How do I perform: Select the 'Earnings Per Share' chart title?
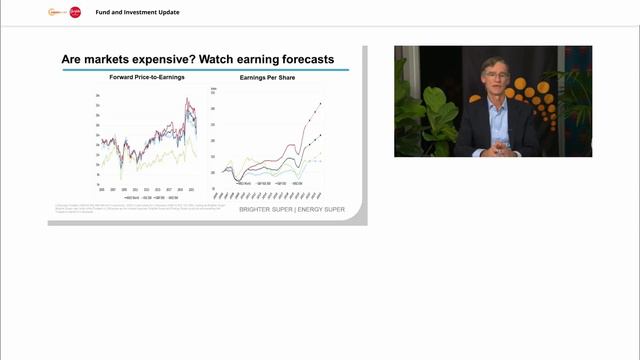coord(267,78)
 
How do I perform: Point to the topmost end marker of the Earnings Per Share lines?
coord(320,103)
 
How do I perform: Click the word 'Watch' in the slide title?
coord(221,59)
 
